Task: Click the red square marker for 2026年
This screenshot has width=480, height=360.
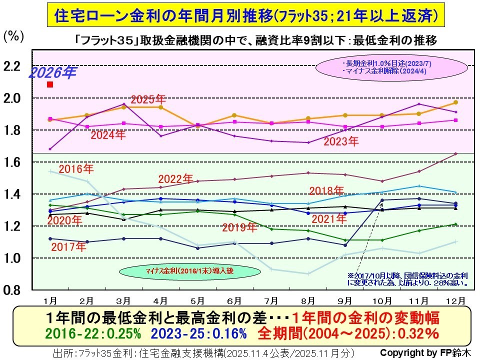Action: point(50,84)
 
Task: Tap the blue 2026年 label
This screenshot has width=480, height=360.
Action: point(52,73)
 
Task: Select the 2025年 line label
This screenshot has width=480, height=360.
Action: point(148,98)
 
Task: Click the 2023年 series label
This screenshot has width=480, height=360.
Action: point(341,141)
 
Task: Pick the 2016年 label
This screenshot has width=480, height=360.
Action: point(76,168)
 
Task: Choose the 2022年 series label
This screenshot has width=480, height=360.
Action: point(175,178)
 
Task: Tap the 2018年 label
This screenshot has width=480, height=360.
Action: point(326,190)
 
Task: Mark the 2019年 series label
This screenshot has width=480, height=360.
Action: point(239,227)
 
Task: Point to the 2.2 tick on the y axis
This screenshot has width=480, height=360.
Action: point(13,66)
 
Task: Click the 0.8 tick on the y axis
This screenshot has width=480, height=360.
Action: point(13,290)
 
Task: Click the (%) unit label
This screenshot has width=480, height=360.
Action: point(13,36)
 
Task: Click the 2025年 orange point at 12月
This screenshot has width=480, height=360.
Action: point(455,102)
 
